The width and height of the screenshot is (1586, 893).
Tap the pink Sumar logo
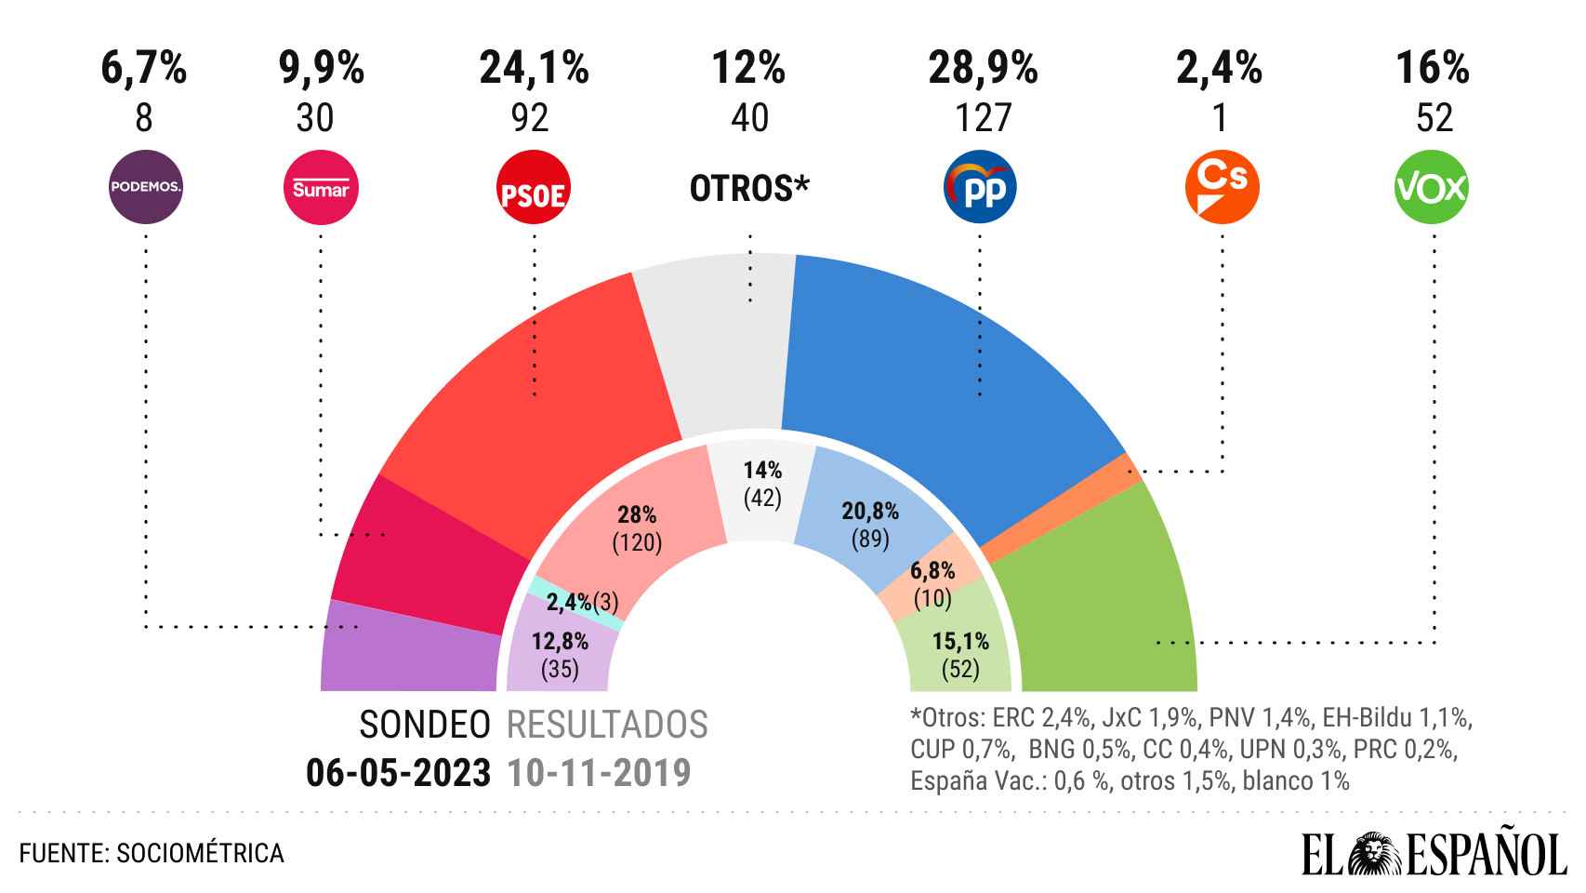click(x=320, y=189)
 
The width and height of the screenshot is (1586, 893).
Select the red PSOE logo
click(x=534, y=189)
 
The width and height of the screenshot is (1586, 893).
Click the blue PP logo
click(x=980, y=189)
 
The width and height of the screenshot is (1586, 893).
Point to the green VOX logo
click(x=1432, y=188)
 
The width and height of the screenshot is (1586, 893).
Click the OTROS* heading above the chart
click(x=749, y=189)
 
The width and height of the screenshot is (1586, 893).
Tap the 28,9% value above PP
click(x=983, y=69)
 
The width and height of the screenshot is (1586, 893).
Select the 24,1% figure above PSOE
click(x=534, y=69)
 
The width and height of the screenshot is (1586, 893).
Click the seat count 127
click(x=983, y=118)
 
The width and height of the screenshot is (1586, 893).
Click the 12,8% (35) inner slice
click(x=559, y=651)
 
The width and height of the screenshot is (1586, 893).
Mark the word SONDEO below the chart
click(x=425, y=725)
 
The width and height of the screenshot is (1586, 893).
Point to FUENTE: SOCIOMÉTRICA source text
click(x=152, y=853)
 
